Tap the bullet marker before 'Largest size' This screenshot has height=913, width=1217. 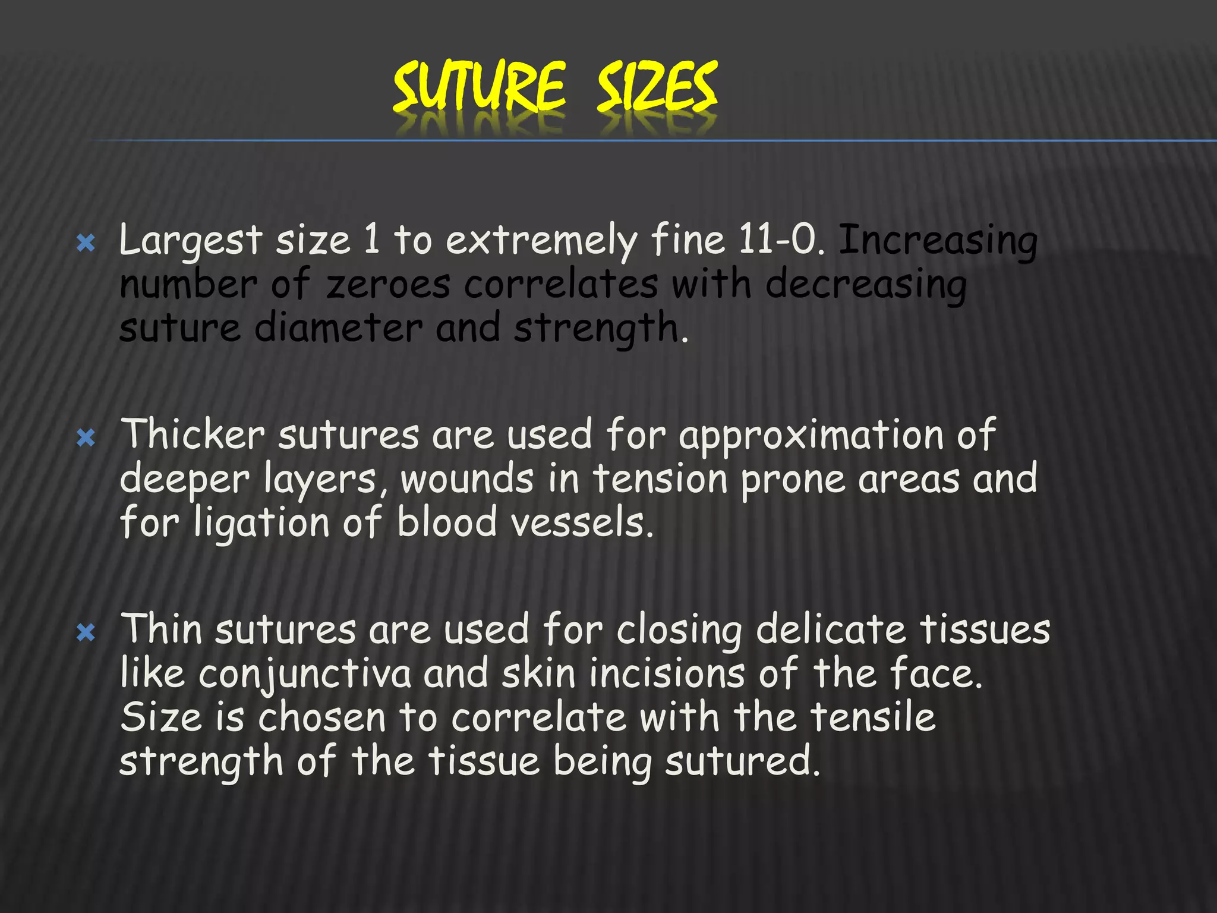[86, 243]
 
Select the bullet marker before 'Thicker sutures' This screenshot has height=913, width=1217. [86, 439]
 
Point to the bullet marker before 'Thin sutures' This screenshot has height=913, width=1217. [86, 633]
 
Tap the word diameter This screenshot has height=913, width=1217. [338, 328]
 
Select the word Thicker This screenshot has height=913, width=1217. [193, 435]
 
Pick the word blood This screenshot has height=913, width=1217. [446, 523]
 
